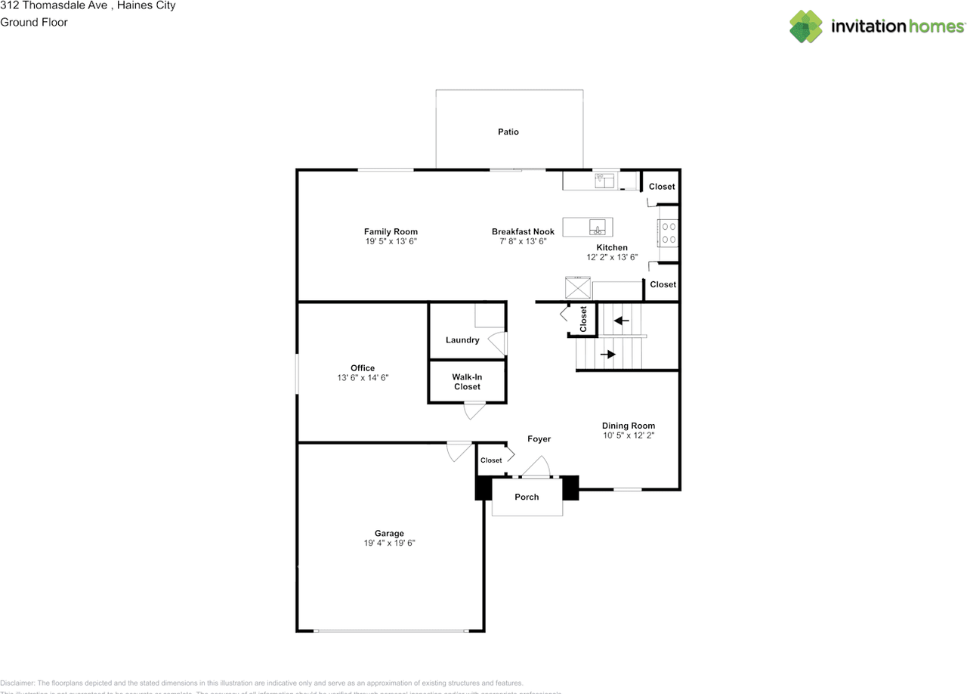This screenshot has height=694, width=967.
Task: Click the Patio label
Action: click(x=508, y=132)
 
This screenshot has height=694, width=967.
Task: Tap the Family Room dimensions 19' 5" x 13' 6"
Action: click(x=391, y=241)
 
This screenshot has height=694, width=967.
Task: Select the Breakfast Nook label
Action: click(x=523, y=232)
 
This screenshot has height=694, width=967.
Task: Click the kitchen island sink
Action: click(x=597, y=228)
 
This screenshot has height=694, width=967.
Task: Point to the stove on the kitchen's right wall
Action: click(x=669, y=233)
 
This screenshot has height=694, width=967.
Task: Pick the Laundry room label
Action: click(x=462, y=340)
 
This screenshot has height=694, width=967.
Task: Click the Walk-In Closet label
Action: click(x=467, y=382)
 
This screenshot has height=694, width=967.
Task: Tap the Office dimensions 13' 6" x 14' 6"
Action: click(x=363, y=377)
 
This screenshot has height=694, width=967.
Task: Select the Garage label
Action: click(x=389, y=534)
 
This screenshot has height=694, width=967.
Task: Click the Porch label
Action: click(x=527, y=497)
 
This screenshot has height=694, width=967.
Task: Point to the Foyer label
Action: click(x=539, y=439)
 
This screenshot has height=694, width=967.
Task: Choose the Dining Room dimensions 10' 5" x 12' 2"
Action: click(x=628, y=435)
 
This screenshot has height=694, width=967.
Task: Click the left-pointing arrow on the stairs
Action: click(x=621, y=321)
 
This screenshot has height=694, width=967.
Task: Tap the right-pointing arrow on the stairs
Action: click(x=607, y=354)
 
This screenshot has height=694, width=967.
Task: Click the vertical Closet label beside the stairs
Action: click(x=583, y=319)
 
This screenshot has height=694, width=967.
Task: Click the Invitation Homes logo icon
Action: click(x=806, y=26)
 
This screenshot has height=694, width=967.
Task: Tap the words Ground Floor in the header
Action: click(x=34, y=23)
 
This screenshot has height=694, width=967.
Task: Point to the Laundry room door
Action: click(x=498, y=344)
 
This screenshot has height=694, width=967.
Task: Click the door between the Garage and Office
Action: click(x=457, y=451)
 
